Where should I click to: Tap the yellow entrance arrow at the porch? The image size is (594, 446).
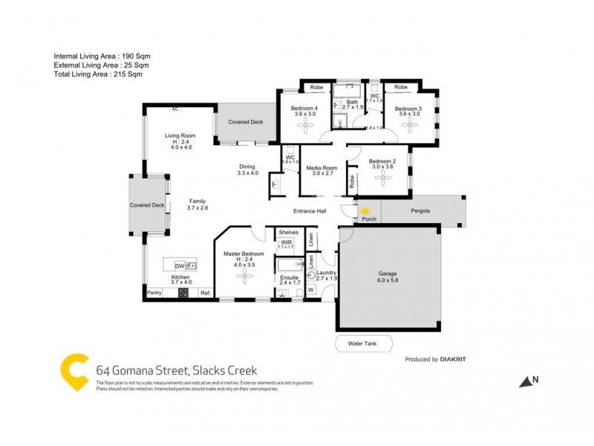coord(364,210)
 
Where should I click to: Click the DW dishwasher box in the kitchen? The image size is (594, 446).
coord(180,265)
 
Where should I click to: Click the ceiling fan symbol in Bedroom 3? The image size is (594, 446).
coord(409,126)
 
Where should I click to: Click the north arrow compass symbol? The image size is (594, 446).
coord(528,381)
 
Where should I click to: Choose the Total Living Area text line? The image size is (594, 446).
coord(98,74)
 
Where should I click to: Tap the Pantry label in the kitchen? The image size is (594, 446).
coord(154,293)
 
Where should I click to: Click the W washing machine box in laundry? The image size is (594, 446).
coord(311,290)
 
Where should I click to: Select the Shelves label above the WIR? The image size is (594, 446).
coord(289,232)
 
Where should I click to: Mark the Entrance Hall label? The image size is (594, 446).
coord(310,210)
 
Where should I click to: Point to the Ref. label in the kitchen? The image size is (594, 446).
coord(205,293)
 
